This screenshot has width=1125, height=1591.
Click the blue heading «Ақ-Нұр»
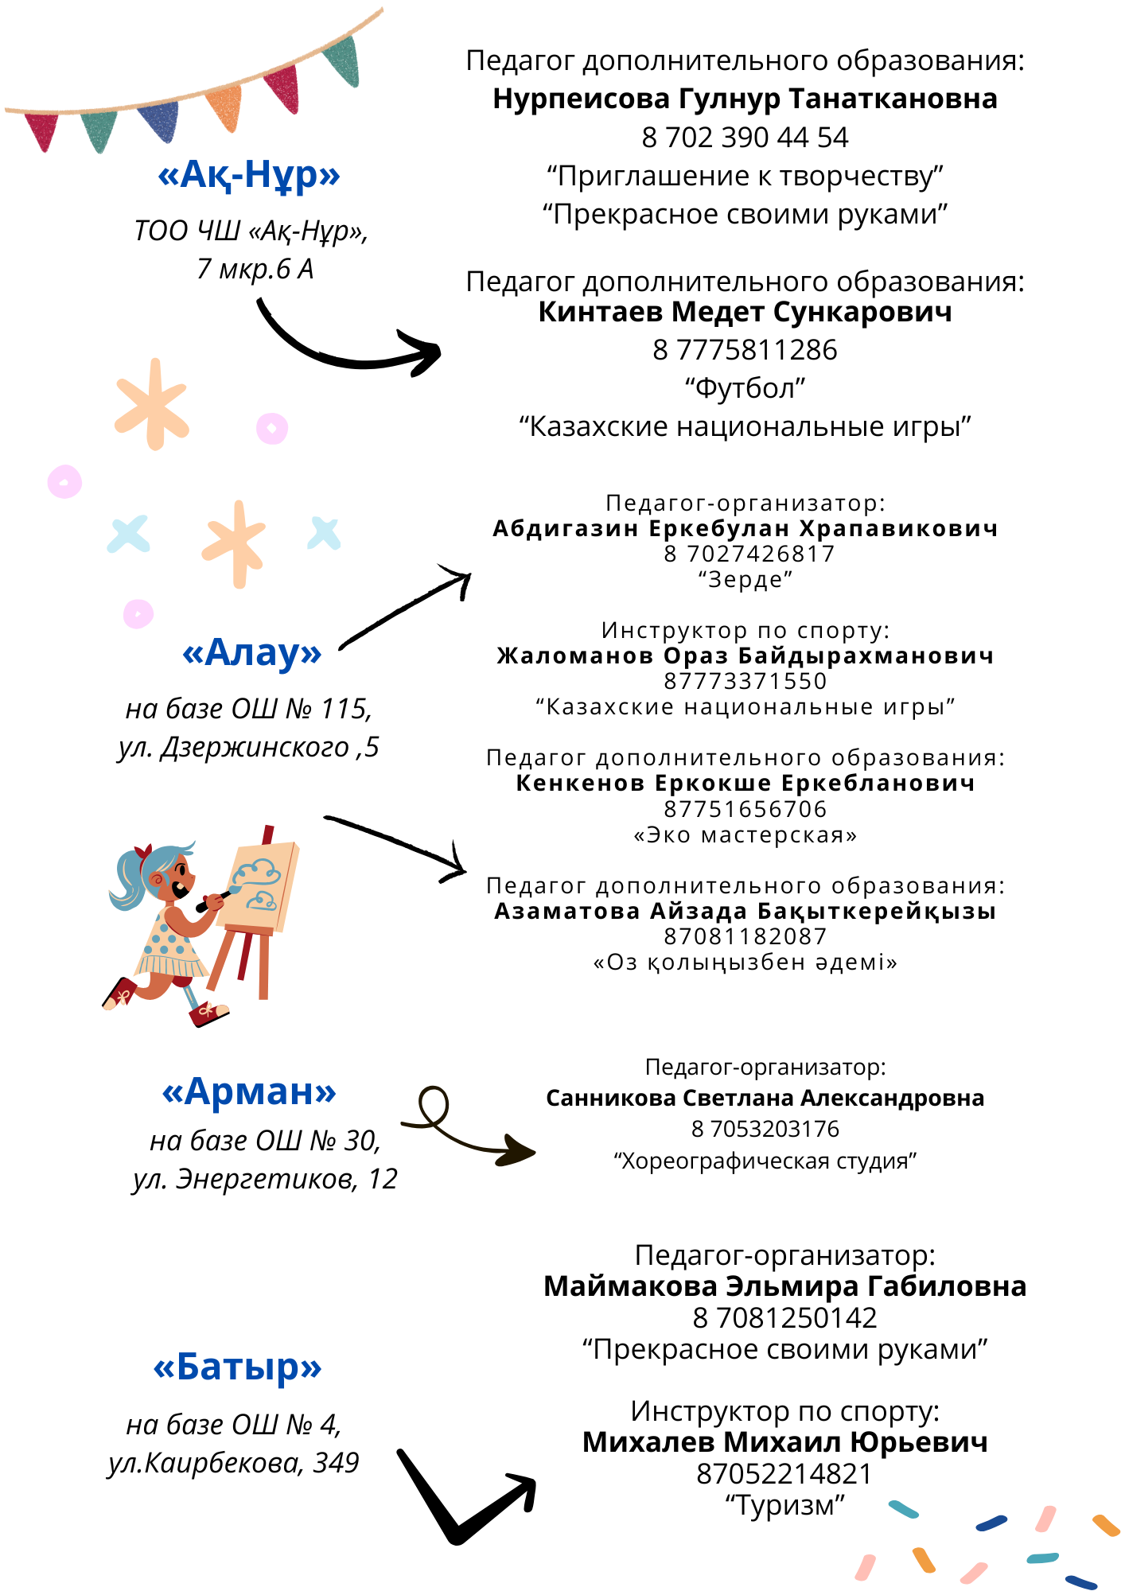pyautogui.click(x=249, y=175)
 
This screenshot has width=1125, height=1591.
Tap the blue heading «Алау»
pyautogui.click(x=252, y=652)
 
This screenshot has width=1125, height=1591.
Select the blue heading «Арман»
pyautogui.click(x=249, y=1091)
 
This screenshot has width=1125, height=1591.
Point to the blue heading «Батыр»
pyautogui.click(x=237, y=1367)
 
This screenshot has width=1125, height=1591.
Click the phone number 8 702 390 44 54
pyautogui.click(x=745, y=138)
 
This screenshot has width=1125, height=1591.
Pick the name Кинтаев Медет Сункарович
pyautogui.click(x=745, y=312)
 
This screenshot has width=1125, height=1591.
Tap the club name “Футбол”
pyautogui.click(x=745, y=388)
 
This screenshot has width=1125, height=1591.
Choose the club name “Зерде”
pyautogui.click(x=745, y=579)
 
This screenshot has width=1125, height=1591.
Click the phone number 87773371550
pyautogui.click(x=745, y=681)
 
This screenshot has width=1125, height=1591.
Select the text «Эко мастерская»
pyautogui.click(x=745, y=834)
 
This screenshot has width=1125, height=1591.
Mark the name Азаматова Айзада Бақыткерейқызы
pyautogui.click(x=745, y=911)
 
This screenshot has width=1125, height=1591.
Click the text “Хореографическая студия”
pyautogui.click(x=765, y=1161)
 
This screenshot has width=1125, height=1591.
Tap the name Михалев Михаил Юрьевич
pyautogui.click(x=784, y=1442)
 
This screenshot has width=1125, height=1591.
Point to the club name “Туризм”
pyautogui.click(x=784, y=1505)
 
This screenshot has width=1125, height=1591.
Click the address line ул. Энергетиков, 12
pyautogui.click(x=265, y=1179)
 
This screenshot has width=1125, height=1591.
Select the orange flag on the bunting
pyautogui.click(x=225, y=107)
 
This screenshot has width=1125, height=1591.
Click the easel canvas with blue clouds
pyautogui.click(x=258, y=885)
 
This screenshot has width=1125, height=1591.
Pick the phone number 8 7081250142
pyautogui.click(x=784, y=1318)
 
